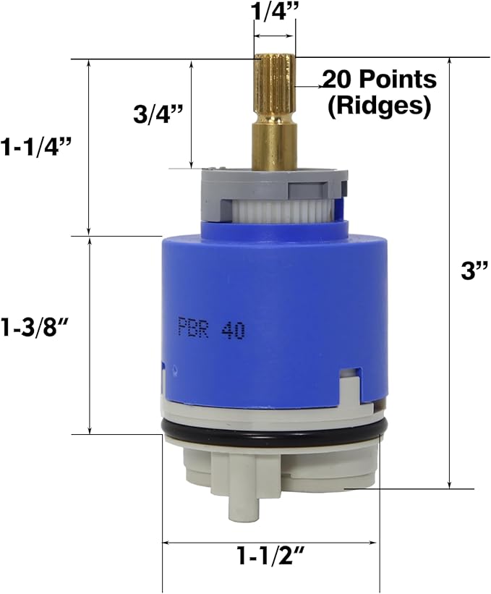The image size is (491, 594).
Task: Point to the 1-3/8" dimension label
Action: (38, 326)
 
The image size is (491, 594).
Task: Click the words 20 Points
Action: (380, 79)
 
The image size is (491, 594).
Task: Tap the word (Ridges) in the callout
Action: (379, 106)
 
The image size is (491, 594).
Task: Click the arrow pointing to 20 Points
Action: (308, 85)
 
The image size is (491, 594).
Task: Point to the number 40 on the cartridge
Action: (233, 331)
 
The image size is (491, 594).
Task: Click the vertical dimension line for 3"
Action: (450, 271)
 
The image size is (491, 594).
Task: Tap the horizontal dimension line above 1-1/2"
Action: (270, 541)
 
